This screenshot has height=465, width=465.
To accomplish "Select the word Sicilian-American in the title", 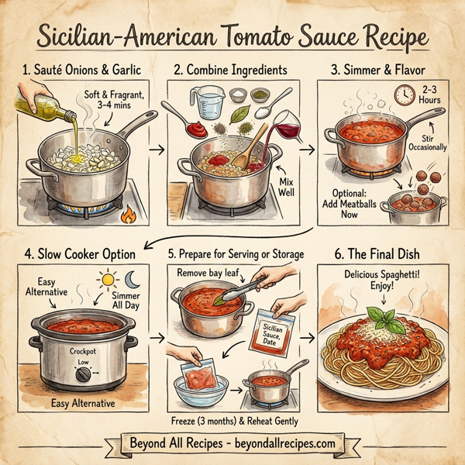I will pyautogui.click(x=125, y=38).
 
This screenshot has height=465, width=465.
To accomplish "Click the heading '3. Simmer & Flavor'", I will pyautogui.click(x=379, y=70).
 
